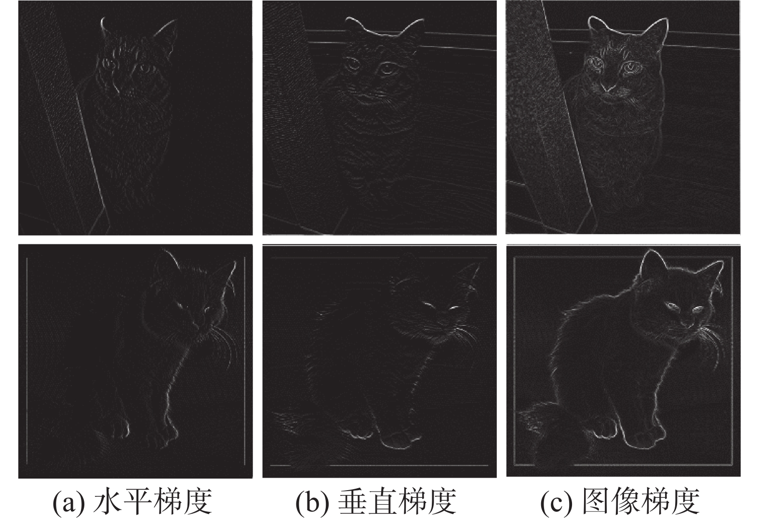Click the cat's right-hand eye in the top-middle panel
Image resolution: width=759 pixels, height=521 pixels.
[387, 69]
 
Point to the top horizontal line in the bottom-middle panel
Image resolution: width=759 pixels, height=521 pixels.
[379, 258]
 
